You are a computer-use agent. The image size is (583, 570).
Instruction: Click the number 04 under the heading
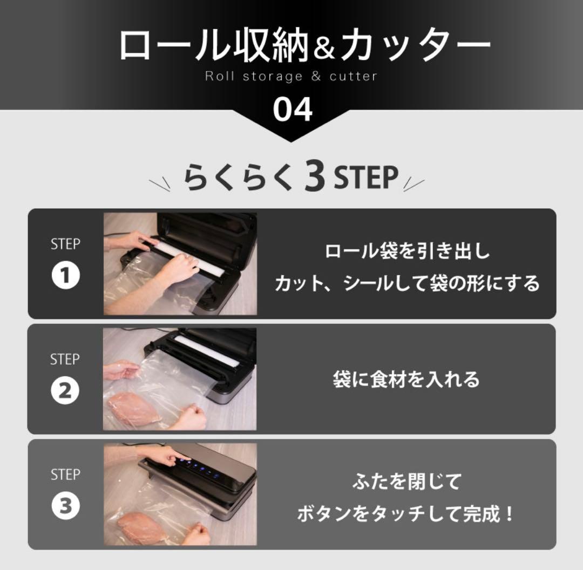tap(292, 110)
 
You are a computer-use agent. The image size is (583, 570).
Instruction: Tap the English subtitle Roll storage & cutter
tap(291, 76)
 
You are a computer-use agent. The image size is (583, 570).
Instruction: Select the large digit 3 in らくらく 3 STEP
tap(314, 178)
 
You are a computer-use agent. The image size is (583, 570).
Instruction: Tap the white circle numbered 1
tap(65, 276)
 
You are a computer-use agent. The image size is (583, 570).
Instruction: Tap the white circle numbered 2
tap(65, 391)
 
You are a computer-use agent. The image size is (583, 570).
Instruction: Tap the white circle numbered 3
tap(65, 506)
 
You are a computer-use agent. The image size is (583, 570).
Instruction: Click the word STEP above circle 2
tap(65, 359)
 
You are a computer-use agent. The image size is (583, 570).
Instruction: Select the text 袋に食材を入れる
tap(406, 379)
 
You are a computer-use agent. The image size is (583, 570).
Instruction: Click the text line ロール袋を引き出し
tap(407, 252)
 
